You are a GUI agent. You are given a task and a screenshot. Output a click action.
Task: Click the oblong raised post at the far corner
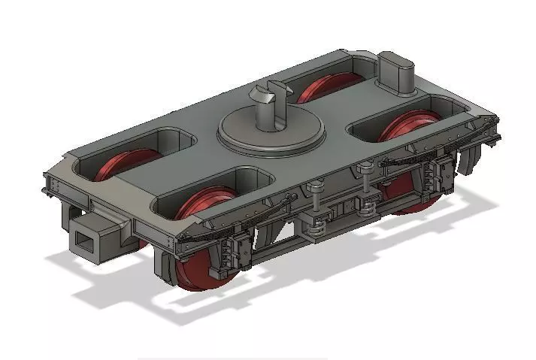(395, 72)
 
